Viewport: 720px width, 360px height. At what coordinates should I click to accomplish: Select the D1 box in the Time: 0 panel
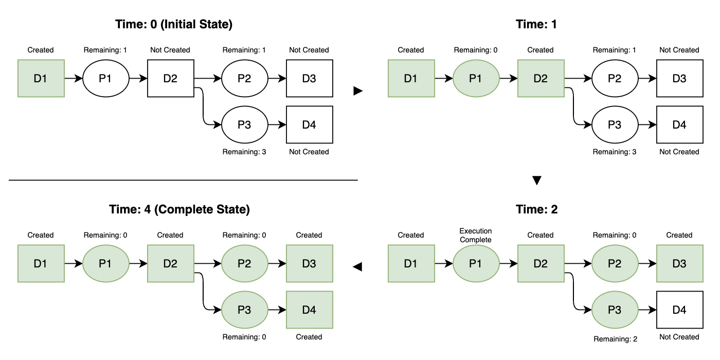click(41, 78)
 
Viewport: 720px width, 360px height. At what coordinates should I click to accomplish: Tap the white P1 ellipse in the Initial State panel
click(105, 78)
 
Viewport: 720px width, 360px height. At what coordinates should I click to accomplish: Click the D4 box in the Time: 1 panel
click(679, 125)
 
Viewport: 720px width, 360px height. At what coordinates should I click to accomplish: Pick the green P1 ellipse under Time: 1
click(476, 78)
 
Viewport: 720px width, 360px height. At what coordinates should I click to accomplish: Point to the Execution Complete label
click(476, 236)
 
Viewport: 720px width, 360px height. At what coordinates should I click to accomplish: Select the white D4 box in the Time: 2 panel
click(679, 310)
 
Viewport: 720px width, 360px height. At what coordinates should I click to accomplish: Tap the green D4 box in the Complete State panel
click(309, 310)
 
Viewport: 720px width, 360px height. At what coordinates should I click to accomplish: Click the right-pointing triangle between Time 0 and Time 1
click(358, 91)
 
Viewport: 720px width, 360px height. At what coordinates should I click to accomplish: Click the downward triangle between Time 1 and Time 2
click(537, 181)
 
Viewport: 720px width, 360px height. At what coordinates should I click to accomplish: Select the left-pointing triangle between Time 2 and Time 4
click(357, 266)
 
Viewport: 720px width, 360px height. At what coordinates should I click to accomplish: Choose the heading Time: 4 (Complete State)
click(179, 209)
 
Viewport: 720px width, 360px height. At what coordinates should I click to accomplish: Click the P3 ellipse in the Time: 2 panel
click(615, 310)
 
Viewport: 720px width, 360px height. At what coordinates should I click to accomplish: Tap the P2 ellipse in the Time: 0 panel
click(244, 78)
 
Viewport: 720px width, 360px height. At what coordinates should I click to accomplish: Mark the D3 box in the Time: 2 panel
click(679, 263)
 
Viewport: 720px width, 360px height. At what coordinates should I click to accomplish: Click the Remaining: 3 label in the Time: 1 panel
click(615, 152)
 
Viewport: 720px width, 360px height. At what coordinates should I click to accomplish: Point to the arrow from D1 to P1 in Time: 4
click(73, 263)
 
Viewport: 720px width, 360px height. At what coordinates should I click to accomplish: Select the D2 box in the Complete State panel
click(170, 263)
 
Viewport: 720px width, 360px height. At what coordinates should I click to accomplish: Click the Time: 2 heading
click(537, 209)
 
